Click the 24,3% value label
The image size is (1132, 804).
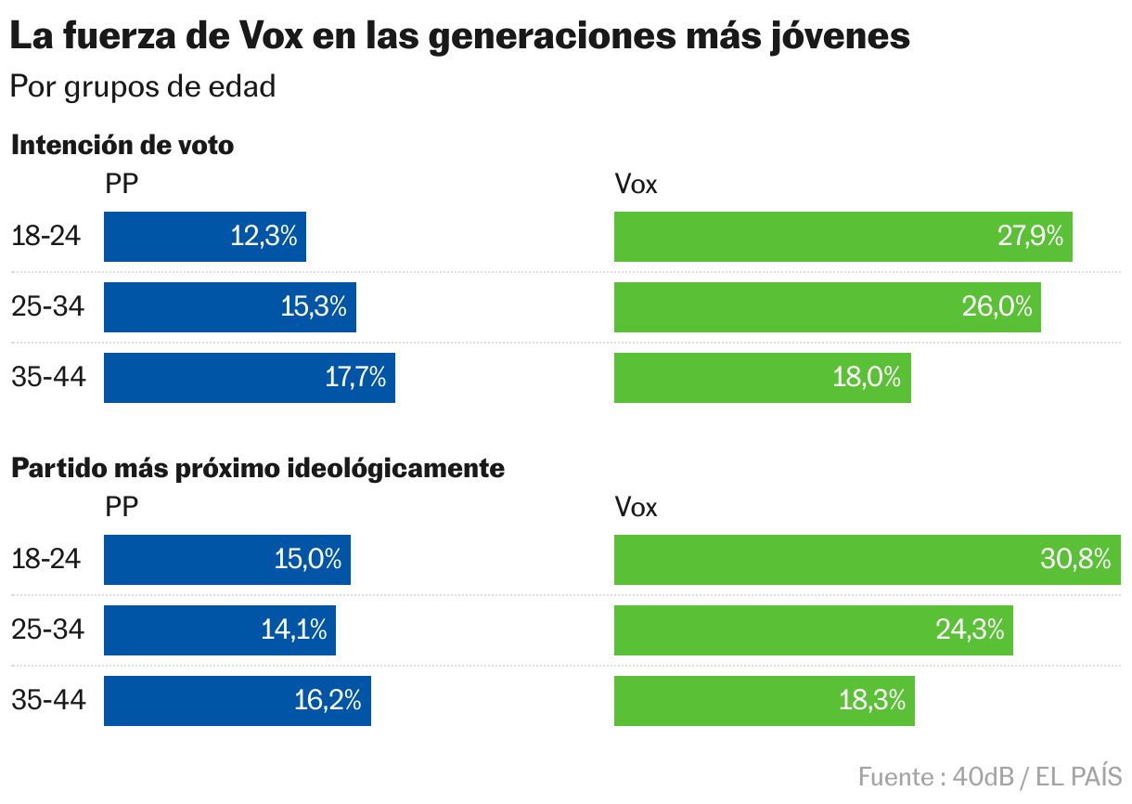(970, 630)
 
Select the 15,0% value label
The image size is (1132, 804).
(308, 560)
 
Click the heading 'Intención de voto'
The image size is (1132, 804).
(122, 146)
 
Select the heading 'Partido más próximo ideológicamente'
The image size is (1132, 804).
(258, 469)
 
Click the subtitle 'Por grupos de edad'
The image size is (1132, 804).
(143, 86)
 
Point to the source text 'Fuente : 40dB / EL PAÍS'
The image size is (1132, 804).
(990, 776)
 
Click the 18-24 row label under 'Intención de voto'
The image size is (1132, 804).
(46, 237)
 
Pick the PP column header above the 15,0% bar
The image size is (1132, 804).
(122, 508)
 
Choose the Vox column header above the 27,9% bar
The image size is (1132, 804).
(636, 185)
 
